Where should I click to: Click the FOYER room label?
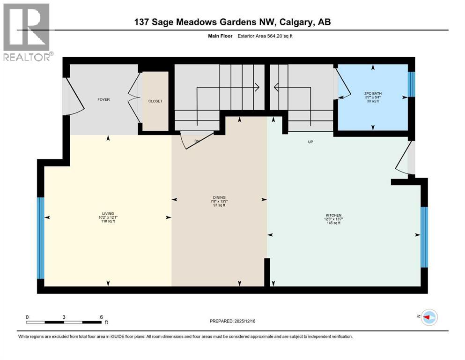pyautogui.click(x=103, y=100)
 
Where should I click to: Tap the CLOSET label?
pyautogui.click(x=155, y=101)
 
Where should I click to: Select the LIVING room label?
pyautogui.click(x=108, y=213)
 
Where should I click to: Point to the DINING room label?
pyautogui.click(x=219, y=197)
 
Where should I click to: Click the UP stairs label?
pyautogui.click(x=310, y=142)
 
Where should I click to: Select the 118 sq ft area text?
pyautogui.click(x=108, y=222)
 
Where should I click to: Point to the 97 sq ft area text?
pyautogui.click(x=219, y=205)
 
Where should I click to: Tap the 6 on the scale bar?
pyautogui.click(x=101, y=317)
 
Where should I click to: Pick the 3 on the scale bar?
pyautogui.click(x=64, y=317)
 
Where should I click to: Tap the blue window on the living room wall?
pyautogui.click(x=41, y=238)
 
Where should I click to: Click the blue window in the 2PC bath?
pyautogui.click(x=411, y=84)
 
